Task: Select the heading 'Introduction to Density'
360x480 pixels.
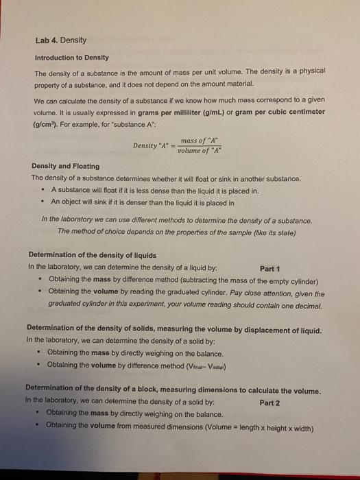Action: (72, 57)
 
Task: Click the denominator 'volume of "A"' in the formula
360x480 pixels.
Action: (199, 151)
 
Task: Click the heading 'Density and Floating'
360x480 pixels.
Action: (65, 166)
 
